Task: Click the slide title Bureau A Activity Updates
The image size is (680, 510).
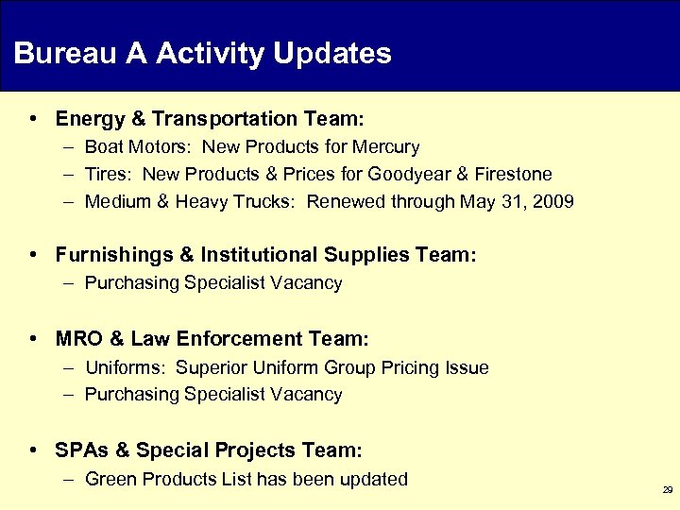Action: click(x=202, y=53)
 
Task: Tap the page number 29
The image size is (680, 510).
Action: click(x=668, y=491)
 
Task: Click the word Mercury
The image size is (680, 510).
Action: click(x=385, y=147)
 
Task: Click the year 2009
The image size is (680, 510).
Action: click(x=553, y=202)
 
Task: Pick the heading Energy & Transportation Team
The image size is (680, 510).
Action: click(x=209, y=119)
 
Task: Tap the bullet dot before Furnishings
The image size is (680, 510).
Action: click(x=33, y=255)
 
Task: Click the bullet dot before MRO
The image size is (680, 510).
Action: click(x=33, y=338)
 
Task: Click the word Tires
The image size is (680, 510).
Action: click(x=106, y=175)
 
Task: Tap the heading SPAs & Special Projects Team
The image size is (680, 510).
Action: click(x=209, y=450)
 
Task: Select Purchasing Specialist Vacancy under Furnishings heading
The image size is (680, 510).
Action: click(x=213, y=283)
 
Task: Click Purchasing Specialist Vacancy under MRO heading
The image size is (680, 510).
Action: click(x=213, y=395)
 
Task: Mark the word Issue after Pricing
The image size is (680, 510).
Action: click(x=466, y=368)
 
